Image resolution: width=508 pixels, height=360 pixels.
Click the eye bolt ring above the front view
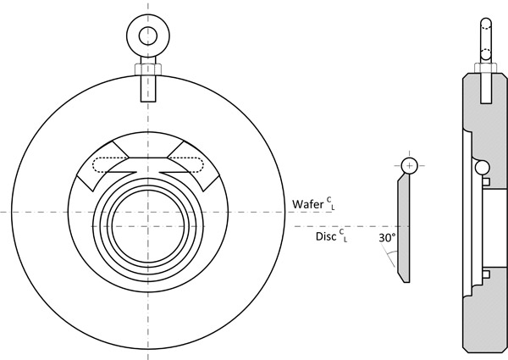[149, 35]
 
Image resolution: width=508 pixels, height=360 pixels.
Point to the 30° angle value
[387, 239]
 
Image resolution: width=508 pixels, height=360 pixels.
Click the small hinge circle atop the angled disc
[410, 164]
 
